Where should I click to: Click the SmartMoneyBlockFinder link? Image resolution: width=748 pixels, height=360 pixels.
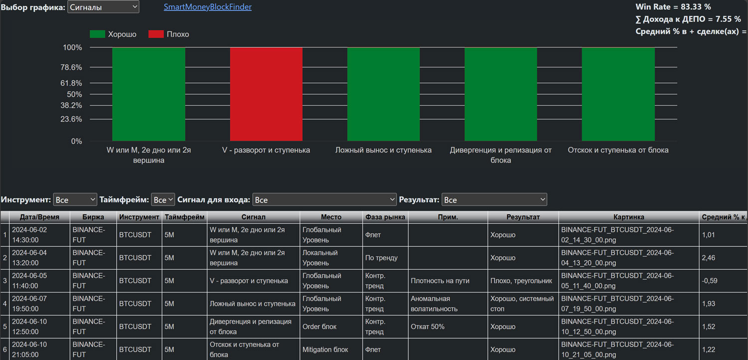pos(207,7)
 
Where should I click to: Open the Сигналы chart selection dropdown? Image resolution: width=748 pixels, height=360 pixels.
pos(103,7)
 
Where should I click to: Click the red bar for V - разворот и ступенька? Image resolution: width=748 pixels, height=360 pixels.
pos(266,94)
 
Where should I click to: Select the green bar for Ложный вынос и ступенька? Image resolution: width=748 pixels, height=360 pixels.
pos(383,94)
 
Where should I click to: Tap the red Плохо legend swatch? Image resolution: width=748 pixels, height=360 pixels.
pos(156,34)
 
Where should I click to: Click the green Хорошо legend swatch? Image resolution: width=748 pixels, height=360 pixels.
pos(98,34)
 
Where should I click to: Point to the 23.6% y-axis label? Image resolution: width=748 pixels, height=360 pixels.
pos(71,119)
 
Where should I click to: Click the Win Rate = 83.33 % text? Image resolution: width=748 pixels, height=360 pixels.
pos(673,6)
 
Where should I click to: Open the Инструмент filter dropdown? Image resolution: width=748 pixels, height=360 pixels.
pos(75,200)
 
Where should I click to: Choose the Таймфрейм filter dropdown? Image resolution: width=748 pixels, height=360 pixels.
pos(163,200)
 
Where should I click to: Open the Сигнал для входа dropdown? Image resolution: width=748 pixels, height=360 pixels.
pos(324,200)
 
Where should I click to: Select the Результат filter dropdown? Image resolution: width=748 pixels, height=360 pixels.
pos(494,200)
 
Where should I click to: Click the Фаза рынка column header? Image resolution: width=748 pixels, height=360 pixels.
pos(385,217)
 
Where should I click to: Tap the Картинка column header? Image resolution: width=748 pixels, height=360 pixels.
pos(628,217)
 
